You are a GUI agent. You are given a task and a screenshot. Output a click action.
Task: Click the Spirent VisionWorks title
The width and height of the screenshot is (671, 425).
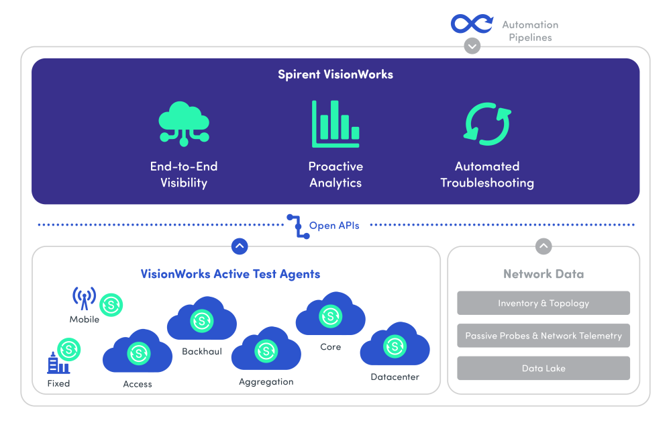tap(335, 75)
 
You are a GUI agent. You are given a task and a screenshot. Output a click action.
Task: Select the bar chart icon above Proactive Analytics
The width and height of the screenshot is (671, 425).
tap(335, 124)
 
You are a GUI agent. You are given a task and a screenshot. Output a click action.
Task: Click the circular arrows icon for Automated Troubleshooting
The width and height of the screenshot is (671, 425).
tap(487, 124)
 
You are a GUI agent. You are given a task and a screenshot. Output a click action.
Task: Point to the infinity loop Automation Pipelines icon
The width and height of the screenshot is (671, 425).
tap(472, 24)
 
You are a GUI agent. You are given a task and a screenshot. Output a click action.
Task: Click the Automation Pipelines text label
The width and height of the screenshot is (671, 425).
tap(530, 31)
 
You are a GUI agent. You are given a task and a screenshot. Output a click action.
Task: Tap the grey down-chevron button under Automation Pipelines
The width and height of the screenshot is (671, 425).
tap(472, 46)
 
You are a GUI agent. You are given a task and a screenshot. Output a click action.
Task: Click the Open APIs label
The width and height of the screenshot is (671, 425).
tap(334, 226)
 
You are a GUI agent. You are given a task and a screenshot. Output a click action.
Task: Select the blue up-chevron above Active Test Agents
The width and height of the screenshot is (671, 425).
tap(240, 246)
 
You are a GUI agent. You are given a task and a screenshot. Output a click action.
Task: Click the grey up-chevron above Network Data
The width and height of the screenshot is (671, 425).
tap(544, 246)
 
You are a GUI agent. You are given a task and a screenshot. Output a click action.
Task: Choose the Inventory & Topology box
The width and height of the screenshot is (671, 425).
tap(544, 303)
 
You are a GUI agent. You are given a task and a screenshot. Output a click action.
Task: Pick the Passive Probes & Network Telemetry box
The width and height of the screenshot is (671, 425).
tap(544, 336)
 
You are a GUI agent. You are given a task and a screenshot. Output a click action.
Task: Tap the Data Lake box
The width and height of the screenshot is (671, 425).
tap(544, 369)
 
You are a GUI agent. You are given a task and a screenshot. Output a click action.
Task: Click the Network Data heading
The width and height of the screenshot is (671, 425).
tap(544, 274)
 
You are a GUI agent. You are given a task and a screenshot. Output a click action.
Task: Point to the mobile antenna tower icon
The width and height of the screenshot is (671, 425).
tap(84, 298)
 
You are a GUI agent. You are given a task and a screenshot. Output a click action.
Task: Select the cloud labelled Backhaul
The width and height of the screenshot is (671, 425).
tap(201, 321)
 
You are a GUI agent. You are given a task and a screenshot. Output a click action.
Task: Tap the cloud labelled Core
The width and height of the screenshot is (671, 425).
tap(330, 316)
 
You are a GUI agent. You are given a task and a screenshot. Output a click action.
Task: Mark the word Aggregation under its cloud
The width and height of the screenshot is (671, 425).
tap(266, 382)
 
